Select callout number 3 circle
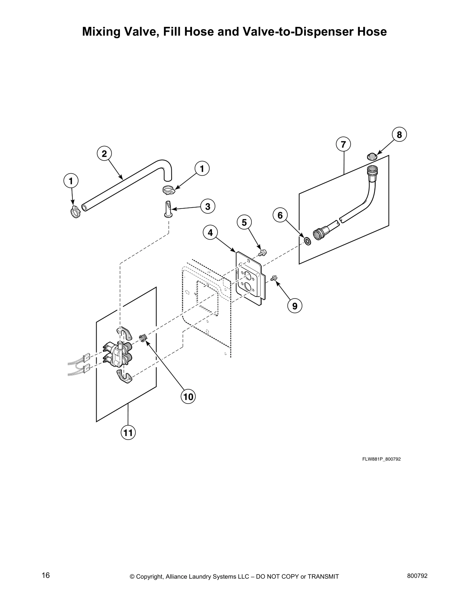click(x=207, y=207)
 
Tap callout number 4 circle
click(x=210, y=232)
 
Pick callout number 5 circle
click(x=244, y=222)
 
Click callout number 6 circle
click(x=280, y=215)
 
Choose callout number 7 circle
click(x=343, y=144)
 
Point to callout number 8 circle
click(x=399, y=135)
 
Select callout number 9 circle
click(x=295, y=306)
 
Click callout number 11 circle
click(x=128, y=433)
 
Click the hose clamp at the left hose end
click(x=75, y=211)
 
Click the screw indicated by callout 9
click(x=274, y=279)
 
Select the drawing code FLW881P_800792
click(x=381, y=459)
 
